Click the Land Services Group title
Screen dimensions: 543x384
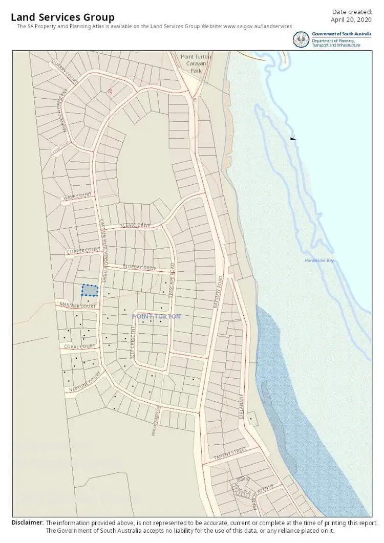(62, 18)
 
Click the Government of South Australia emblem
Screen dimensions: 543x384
(301, 39)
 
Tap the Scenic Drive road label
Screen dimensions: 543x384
(135, 225)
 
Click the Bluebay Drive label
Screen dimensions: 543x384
(139, 267)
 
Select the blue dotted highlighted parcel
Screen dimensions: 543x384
(90, 290)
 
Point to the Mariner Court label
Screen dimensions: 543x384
(78, 306)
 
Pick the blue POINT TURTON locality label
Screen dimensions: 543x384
(156, 317)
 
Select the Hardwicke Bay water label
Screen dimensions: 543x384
(318, 260)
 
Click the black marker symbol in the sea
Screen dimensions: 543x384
(292, 138)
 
